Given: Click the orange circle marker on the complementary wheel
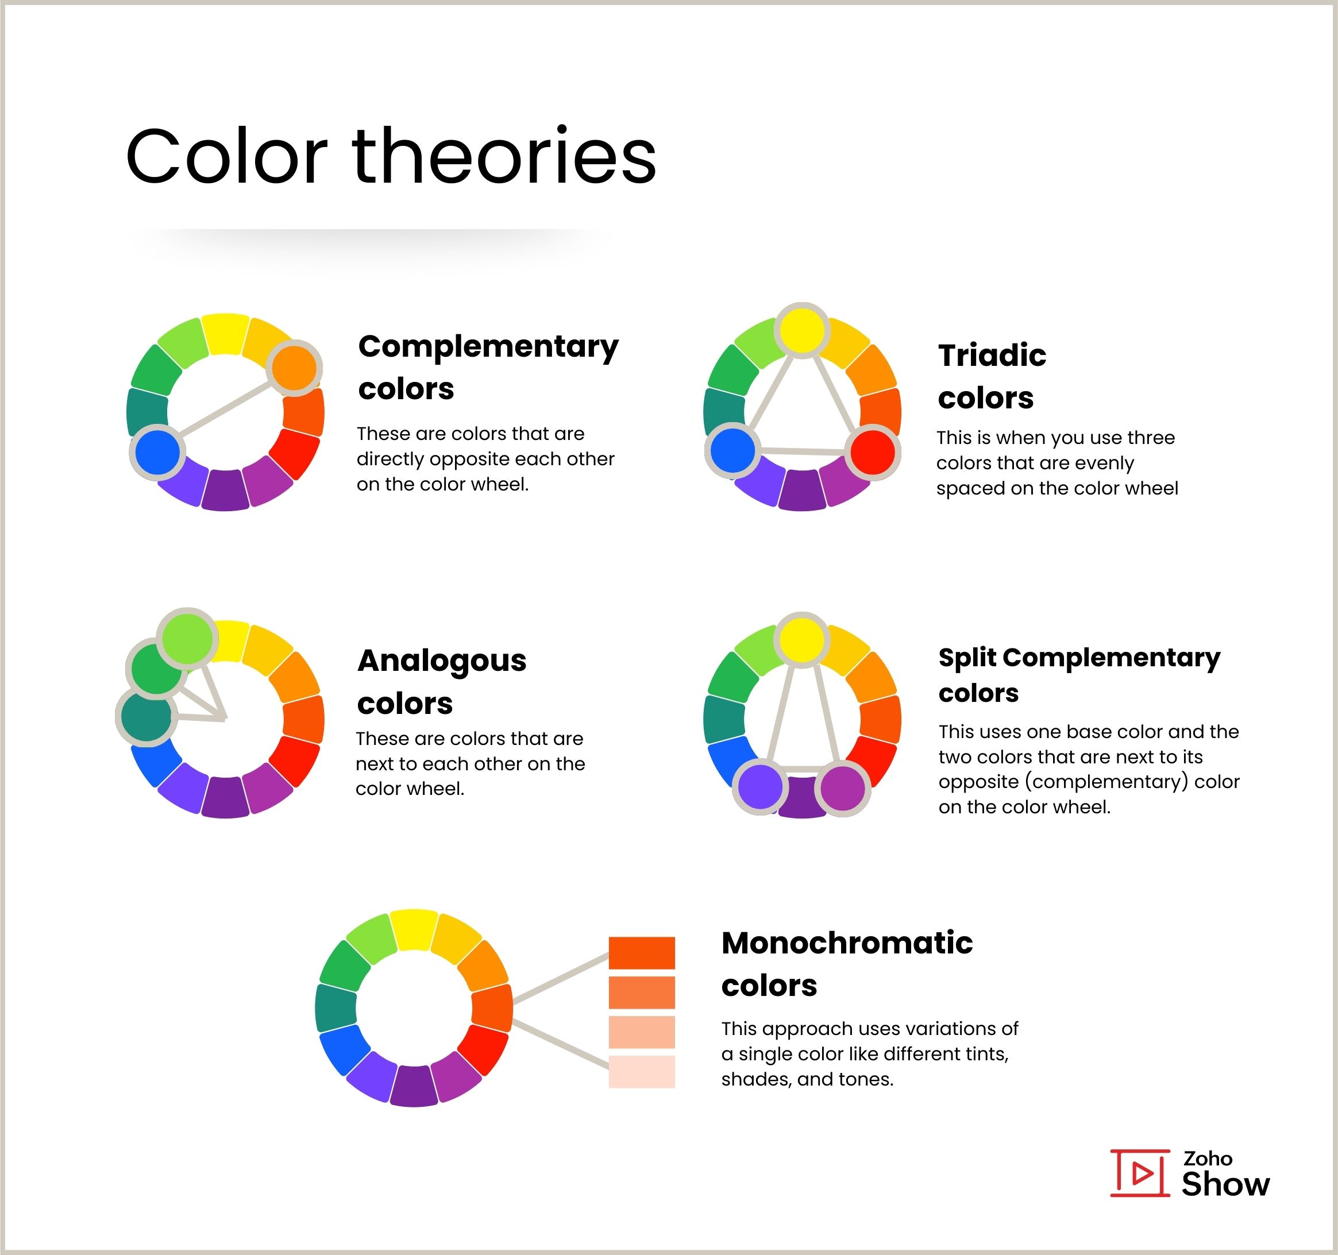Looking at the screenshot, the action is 294,368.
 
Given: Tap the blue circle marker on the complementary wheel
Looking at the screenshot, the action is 157,452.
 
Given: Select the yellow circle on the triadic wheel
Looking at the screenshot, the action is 801,330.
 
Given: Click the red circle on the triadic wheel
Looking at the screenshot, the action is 872,452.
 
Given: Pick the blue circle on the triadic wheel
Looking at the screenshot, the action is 732,451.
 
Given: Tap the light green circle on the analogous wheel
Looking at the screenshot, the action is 187,637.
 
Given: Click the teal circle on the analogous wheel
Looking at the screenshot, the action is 146,717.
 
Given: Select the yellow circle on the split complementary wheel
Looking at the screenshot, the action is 801,639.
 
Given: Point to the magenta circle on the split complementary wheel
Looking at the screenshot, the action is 843,788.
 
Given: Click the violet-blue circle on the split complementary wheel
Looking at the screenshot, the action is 760,787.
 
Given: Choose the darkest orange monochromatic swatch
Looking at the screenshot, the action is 641,953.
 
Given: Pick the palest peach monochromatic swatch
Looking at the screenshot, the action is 641,1072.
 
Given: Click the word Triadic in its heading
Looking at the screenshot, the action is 992,356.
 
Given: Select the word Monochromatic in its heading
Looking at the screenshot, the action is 847,943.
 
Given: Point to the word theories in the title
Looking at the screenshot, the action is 503,157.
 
